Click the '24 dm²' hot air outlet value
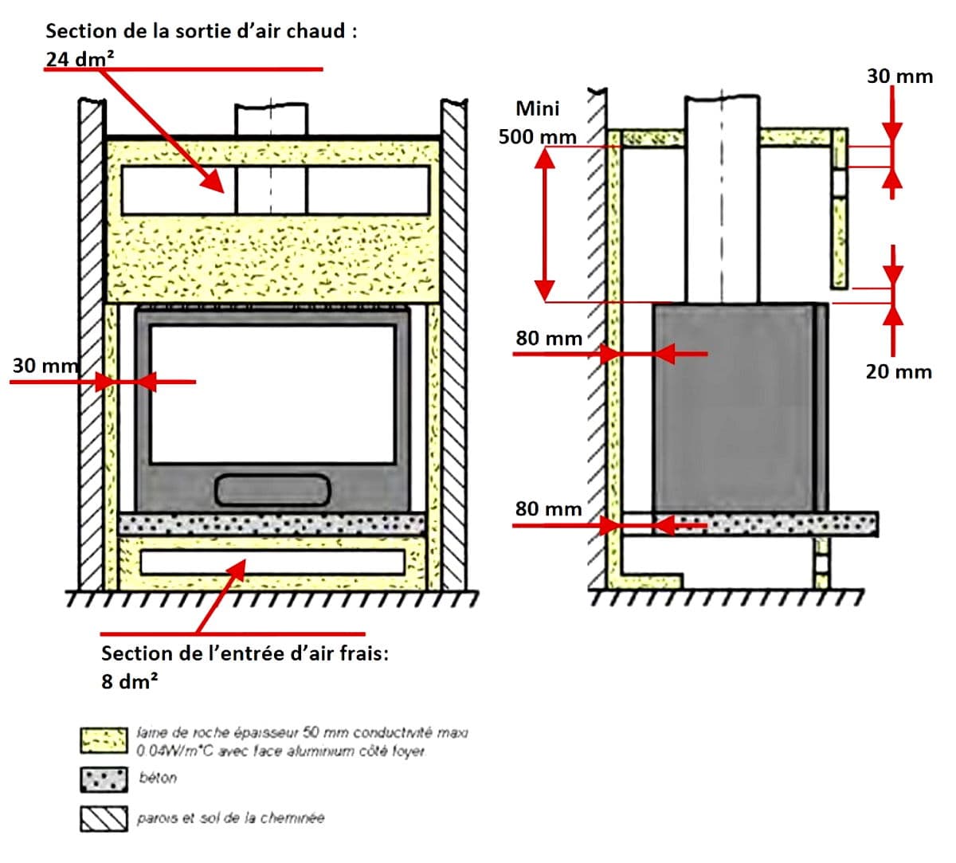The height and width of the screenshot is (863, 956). pyautogui.click(x=80, y=59)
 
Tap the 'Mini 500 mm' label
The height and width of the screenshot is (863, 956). pyautogui.click(x=538, y=123)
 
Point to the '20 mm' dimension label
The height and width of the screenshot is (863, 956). pyautogui.click(x=899, y=371)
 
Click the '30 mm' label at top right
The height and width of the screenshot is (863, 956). pyautogui.click(x=899, y=76)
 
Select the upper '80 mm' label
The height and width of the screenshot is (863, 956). pyautogui.click(x=549, y=338)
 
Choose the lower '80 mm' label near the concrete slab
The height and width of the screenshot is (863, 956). pyautogui.click(x=549, y=508)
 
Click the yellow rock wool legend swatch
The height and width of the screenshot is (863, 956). pyautogui.click(x=104, y=740)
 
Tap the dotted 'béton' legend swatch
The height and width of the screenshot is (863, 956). pyautogui.click(x=104, y=779)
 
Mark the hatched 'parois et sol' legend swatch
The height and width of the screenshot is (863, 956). pyautogui.click(x=104, y=819)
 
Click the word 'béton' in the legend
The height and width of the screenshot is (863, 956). pyautogui.click(x=157, y=778)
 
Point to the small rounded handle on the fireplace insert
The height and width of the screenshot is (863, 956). pyautogui.click(x=272, y=489)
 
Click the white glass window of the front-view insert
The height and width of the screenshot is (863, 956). pyautogui.click(x=272, y=394)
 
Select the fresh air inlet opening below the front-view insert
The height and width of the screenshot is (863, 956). pyautogui.click(x=272, y=562)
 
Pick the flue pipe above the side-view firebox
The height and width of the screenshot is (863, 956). pyautogui.click(x=722, y=199)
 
